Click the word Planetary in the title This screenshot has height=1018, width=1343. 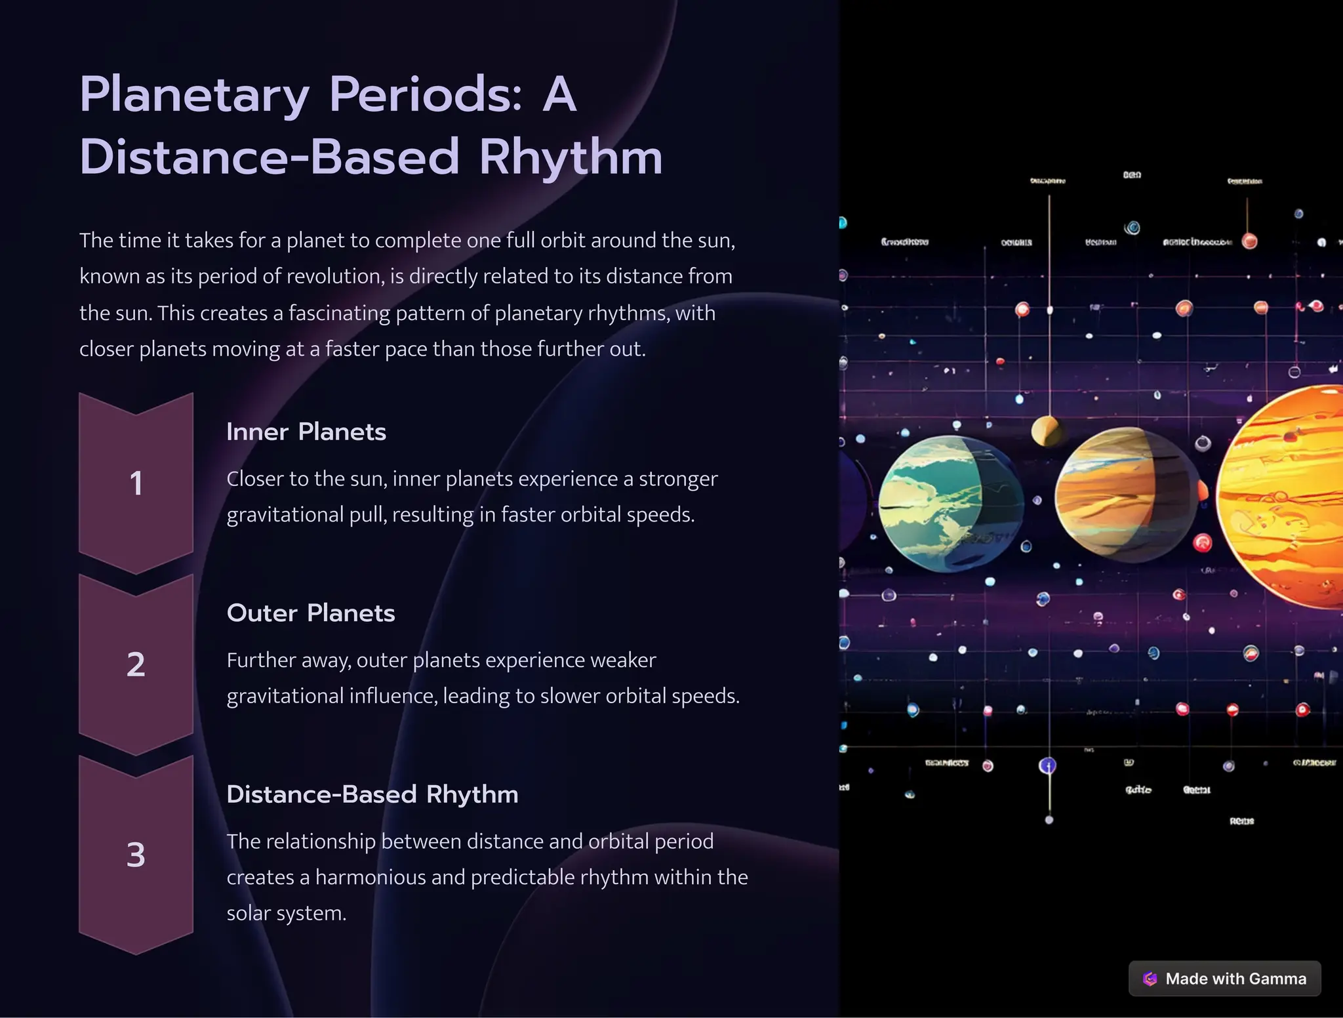coord(193,95)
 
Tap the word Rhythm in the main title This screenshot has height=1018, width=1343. coord(571,157)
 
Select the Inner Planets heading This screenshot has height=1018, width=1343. coord(306,432)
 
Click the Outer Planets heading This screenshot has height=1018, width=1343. coord(310,613)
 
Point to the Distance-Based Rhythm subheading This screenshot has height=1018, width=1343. coord(372,794)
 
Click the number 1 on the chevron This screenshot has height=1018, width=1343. coord(136,484)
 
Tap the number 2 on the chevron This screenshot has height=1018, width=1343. coord(136,665)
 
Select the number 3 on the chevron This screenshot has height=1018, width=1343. coord(136,855)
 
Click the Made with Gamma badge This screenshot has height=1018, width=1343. coord(1224,979)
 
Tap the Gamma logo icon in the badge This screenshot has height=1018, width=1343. coord(1150,979)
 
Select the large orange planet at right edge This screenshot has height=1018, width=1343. coord(1285,499)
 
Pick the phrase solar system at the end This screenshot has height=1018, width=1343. coord(286,914)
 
